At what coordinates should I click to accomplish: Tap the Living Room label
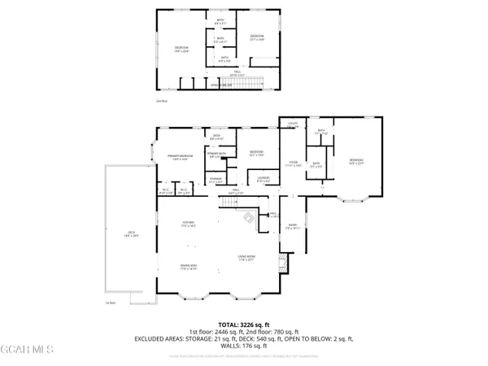pos(247,259)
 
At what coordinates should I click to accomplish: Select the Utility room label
pos(293,124)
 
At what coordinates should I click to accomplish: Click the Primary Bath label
pos(216,155)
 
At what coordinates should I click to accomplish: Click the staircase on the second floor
pos(246,85)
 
